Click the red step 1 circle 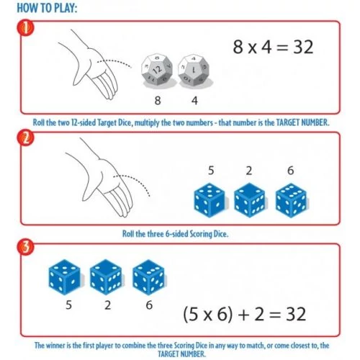pos(25,28)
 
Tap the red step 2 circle pos(25,139)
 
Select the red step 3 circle pos(25,247)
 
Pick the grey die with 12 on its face pos(157,70)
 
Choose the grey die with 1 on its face pos(194,70)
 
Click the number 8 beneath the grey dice pos(158,100)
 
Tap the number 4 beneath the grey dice pos(194,100)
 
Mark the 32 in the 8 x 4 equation pos(303,47)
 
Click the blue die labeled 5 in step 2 pos(210,200)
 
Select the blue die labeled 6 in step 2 pos(291,200)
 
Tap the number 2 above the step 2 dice pos(249,171)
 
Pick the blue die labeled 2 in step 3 pos(106,277)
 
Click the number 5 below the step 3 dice pos(68,305)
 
